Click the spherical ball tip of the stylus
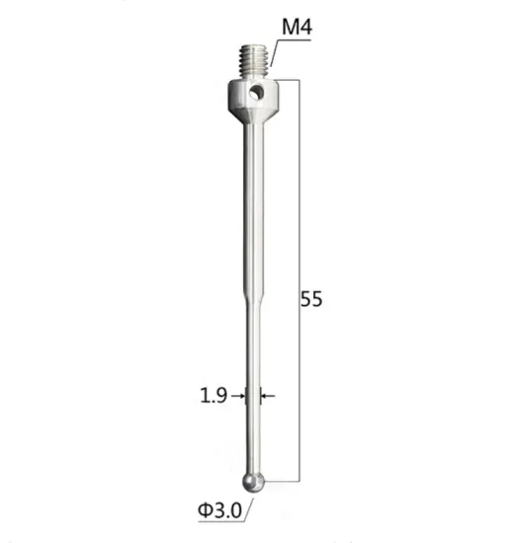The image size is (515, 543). pyautogui.click(x=254, y=480)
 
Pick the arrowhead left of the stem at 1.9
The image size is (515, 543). pyautogui.click(x=242, y=395)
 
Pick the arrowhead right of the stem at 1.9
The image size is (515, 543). pyautogui.click(x=265, y=395)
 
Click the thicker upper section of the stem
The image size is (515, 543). pyautogui.click(x=254, y=207)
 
